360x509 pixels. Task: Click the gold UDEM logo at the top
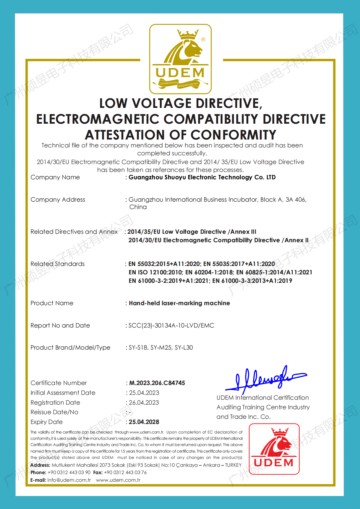click(x=180, y=59)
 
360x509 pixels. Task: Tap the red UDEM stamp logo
click(x=274, y=449)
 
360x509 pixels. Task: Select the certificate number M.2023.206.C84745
click(x=157, y=383)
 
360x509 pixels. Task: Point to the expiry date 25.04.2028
click(x=144, y=422)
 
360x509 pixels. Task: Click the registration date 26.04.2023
click(x=144, y=402)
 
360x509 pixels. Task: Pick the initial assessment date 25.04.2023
click(x=144, y=393)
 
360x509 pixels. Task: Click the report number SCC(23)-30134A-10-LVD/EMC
click(x=171, y=325)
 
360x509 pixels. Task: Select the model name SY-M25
click(x=161, y=347)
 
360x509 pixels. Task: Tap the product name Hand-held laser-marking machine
click(x=179, y=303)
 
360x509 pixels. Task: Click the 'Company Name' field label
click(x=55, y=177)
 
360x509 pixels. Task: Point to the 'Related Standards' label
click(x=57, y=264)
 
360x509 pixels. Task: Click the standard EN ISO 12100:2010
click(x=155, y=272)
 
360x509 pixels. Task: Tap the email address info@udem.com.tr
click(x=69, y=480)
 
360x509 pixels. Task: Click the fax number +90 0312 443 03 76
click(x=125, y=472)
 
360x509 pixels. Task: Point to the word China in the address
click(x=138, y=207)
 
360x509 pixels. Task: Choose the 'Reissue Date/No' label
click(x=54, y=412)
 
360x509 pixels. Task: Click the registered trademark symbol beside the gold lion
click(x=203, y=40)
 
